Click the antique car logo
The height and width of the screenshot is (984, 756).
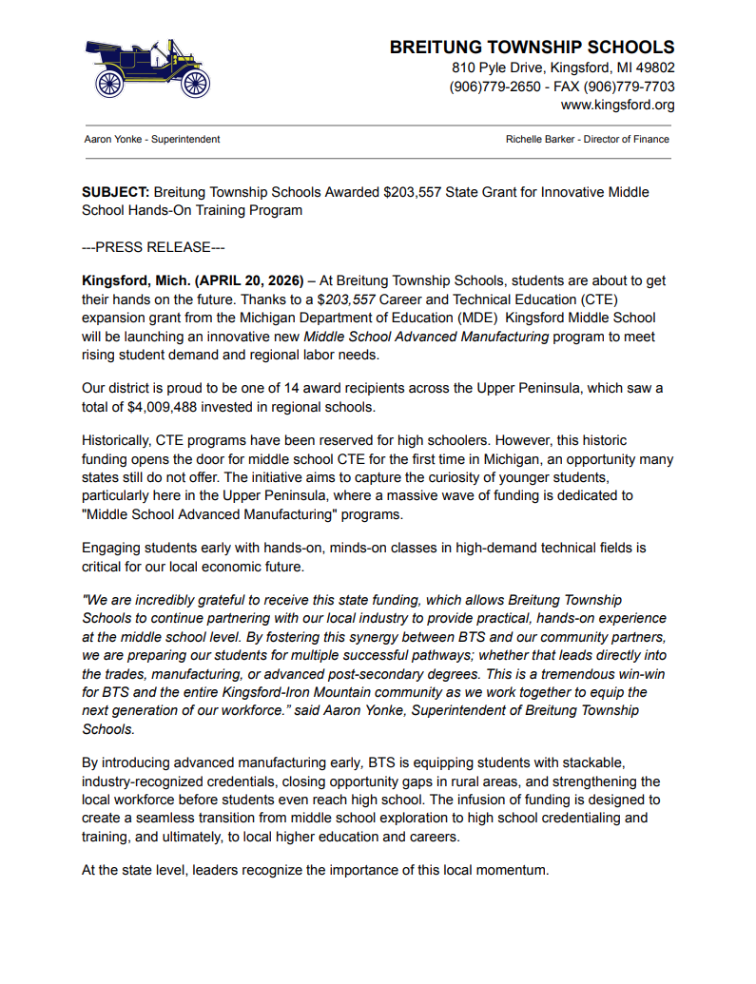[x=147, y=68]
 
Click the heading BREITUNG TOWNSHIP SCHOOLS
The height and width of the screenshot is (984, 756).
[x=532, y=48]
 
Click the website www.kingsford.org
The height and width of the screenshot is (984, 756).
[x=617, y=105]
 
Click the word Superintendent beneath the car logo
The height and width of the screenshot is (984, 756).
[x=185, y=139]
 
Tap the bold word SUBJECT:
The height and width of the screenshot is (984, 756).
[x=116, y=192]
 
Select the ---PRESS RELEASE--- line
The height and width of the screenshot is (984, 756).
[x=153, y=247]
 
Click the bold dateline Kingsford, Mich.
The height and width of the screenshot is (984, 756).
[x=136, y=281]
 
